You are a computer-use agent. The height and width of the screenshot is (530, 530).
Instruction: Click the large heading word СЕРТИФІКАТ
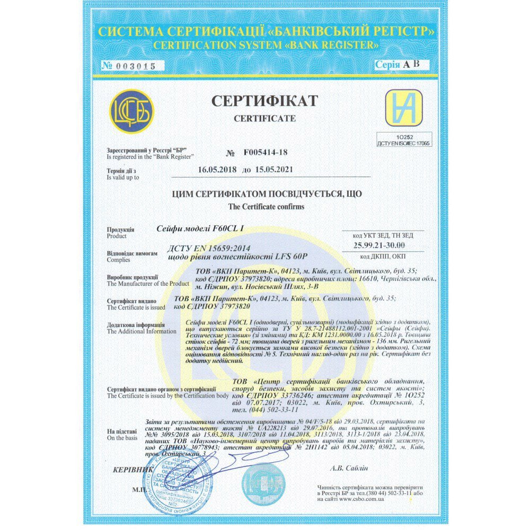pyautogui.click(x=264, y=101)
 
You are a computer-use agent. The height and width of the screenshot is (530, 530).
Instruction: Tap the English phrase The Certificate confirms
pyautogui.click(x=266, y=207)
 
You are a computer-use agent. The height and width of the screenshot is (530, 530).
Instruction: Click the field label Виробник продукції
pyautogui.click(x=132, y=277)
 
